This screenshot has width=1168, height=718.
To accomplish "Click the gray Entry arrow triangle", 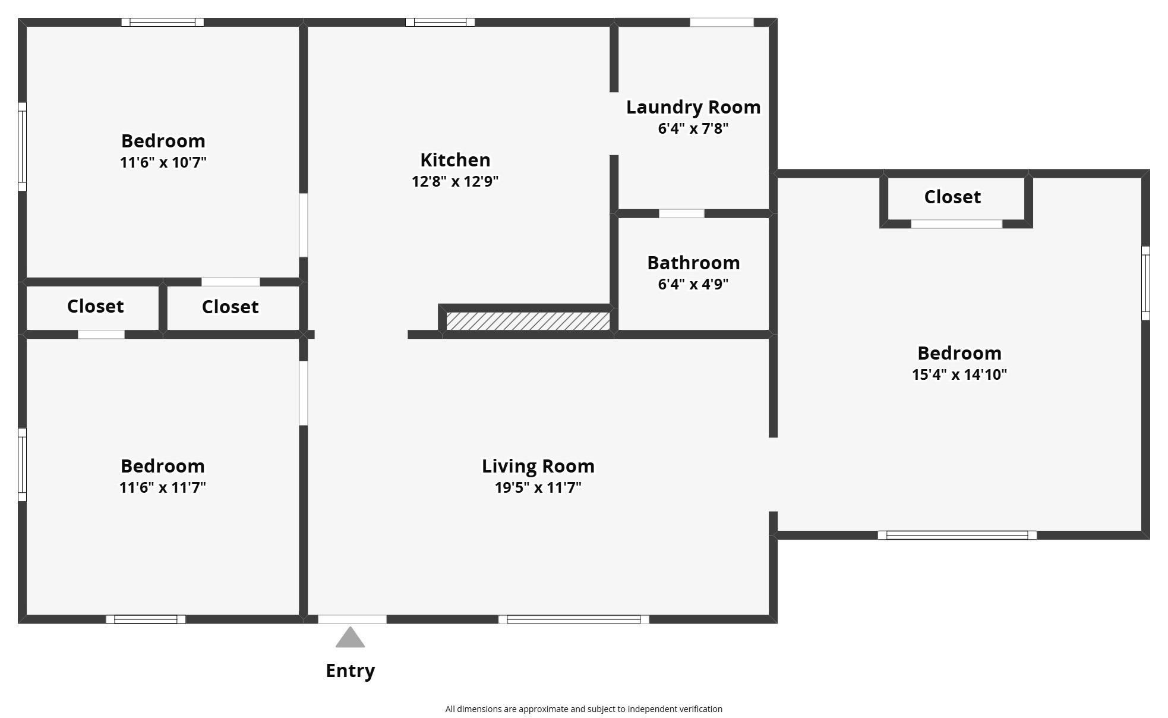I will coord(350,638).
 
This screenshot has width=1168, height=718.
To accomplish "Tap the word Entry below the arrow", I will coord(350,670).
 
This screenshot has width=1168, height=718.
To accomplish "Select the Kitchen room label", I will coord(455,160).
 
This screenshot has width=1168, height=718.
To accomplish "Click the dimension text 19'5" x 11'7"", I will coord(538,487).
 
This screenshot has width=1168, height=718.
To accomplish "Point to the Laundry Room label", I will coord(693,107).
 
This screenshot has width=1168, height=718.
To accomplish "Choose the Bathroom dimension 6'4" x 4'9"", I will coord(693,284).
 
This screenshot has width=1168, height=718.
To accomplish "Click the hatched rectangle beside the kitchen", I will coord(528,322).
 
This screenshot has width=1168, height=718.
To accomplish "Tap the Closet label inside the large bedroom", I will coord(952,197).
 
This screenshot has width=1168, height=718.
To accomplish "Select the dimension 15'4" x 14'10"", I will coord(959,374).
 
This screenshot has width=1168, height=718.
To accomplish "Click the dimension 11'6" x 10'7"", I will coord(163,162).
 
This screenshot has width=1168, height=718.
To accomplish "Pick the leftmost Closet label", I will coord(95,306).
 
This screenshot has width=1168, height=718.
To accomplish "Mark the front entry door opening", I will coord(352,619).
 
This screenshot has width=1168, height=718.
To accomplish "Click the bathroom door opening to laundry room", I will coord(681,213).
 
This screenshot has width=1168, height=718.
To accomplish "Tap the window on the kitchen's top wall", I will coord(440,23).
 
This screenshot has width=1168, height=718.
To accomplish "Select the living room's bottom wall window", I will coord(573,619).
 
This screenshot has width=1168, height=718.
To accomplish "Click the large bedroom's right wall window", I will coord(1145,283).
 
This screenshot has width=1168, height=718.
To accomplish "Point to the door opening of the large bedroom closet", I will coord(956,224).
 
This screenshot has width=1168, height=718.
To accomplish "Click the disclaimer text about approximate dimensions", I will coord(583,708).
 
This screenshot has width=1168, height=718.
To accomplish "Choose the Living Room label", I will coord(538,466).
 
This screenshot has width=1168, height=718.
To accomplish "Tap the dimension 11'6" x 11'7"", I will coord(162,487).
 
